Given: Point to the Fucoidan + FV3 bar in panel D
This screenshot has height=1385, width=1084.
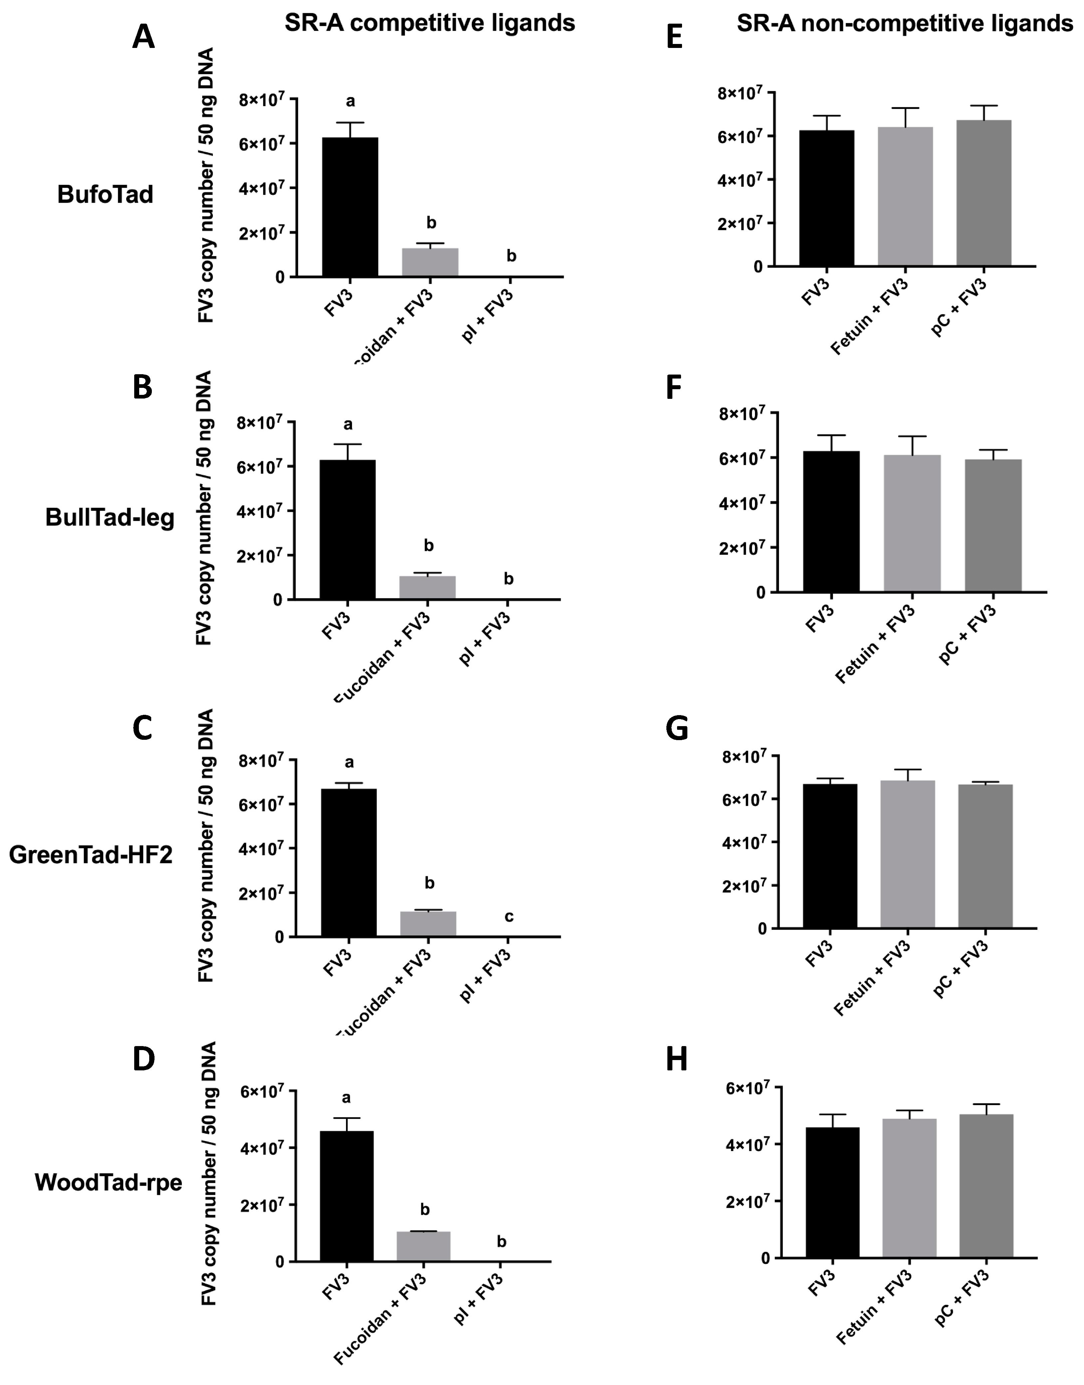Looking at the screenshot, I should coord(423,1247).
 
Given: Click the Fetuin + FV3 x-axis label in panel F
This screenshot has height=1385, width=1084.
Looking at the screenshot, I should coord(876,644).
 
